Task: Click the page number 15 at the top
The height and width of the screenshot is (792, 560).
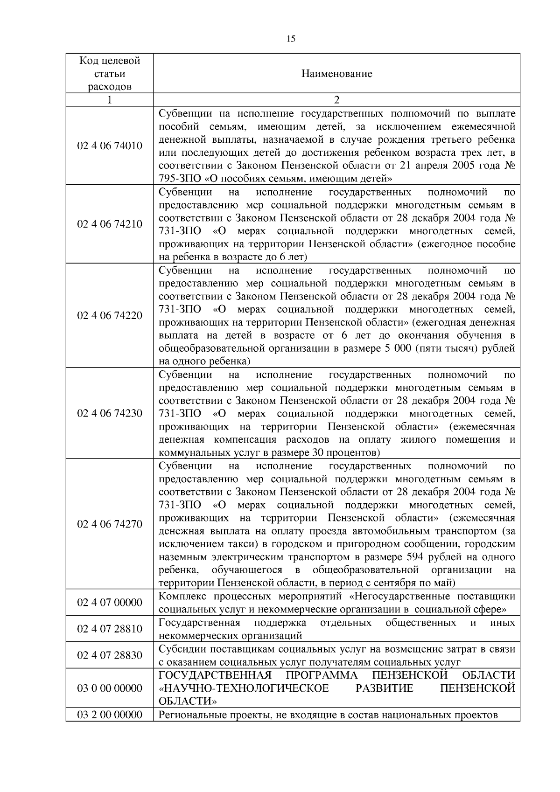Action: coord(290,39)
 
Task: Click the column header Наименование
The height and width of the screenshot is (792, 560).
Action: coord(336,74)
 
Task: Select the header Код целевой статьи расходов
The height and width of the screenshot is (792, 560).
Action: coord(110,74)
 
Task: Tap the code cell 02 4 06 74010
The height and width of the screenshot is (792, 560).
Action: coord(110,146)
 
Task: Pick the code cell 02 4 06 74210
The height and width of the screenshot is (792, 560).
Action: coord(110,224)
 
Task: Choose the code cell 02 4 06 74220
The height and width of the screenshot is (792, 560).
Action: coord(110,316)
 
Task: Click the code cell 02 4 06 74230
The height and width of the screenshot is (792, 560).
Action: coord(110,413)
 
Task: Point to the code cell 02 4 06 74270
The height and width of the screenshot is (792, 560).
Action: coord(110,524)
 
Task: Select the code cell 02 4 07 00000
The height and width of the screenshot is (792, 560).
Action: coord(110,603)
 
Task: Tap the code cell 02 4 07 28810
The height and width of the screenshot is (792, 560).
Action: coord(110,629)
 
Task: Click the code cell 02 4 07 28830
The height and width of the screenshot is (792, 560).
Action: coord(110,655)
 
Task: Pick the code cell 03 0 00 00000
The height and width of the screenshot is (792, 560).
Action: coord(110,688)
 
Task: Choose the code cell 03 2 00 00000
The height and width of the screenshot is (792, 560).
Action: coord(110,715)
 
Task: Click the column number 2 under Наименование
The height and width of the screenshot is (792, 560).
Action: coord(336,100)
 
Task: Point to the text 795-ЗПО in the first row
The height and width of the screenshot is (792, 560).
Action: coord(176,179)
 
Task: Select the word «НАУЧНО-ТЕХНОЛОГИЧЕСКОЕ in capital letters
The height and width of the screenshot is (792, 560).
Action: coord(244,688)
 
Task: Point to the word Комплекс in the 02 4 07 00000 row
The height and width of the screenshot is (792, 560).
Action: coord(179,597)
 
